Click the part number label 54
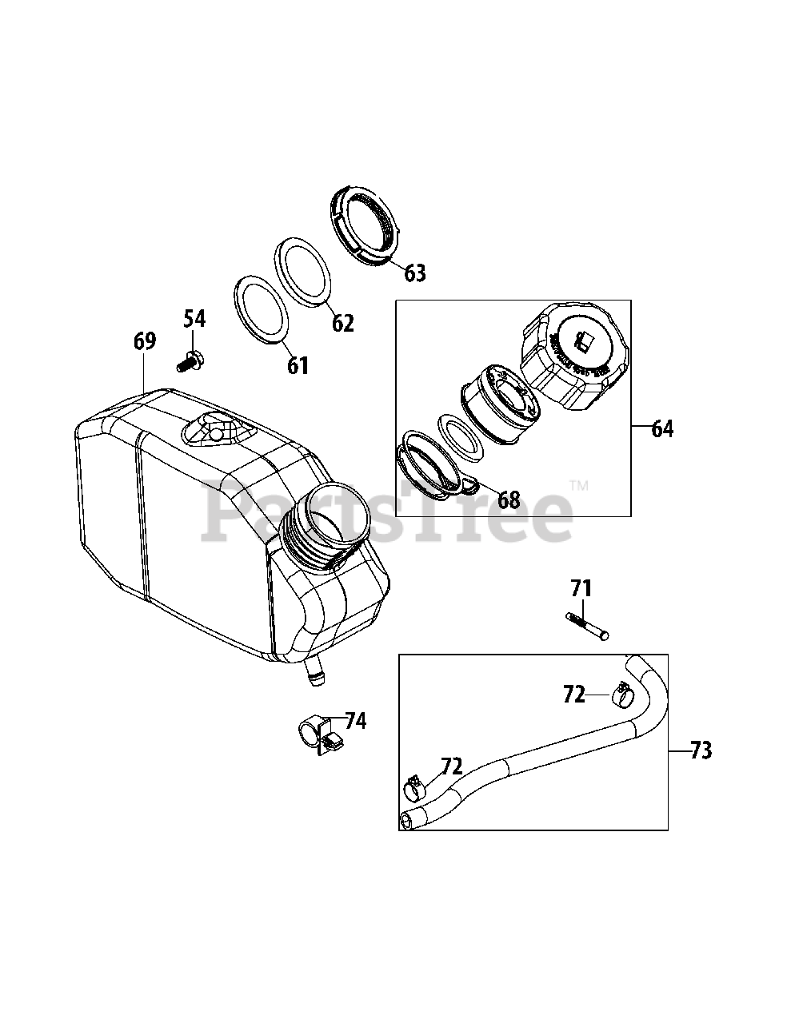click(x=194, y=318)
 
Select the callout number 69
click(x=144, y=341)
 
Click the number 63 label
click(x=414, y=273)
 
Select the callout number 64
click(x=662, y=428)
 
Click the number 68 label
click(x=509, y=500)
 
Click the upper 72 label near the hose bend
click(x=573, y=695)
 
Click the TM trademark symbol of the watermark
click(x=578, y=485)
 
